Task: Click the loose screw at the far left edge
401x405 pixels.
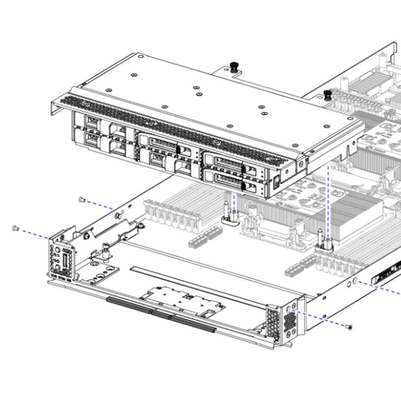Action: coord(15,228)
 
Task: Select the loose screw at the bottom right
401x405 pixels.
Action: coord(349,327)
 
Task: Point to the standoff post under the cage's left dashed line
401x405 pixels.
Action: coord(230,216)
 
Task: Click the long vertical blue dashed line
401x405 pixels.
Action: coord(328,202)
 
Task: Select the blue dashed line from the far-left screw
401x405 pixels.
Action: coord(34,233)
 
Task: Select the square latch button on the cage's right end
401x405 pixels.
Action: coord(277,183)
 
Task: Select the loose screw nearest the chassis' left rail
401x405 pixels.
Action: coord(81,200)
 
